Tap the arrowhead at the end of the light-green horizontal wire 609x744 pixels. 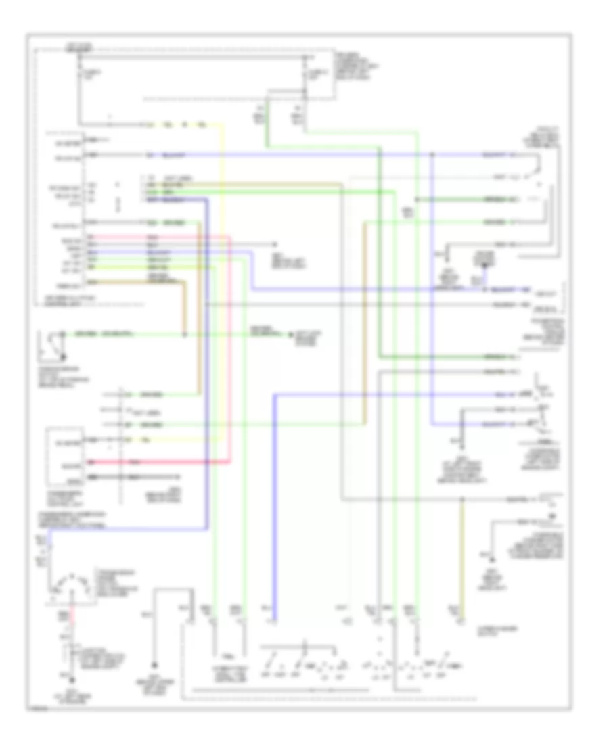point(291,334)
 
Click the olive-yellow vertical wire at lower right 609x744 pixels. point(463,555)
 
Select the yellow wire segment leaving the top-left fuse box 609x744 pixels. point(183,125)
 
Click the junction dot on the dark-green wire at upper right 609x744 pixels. point(418,200)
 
